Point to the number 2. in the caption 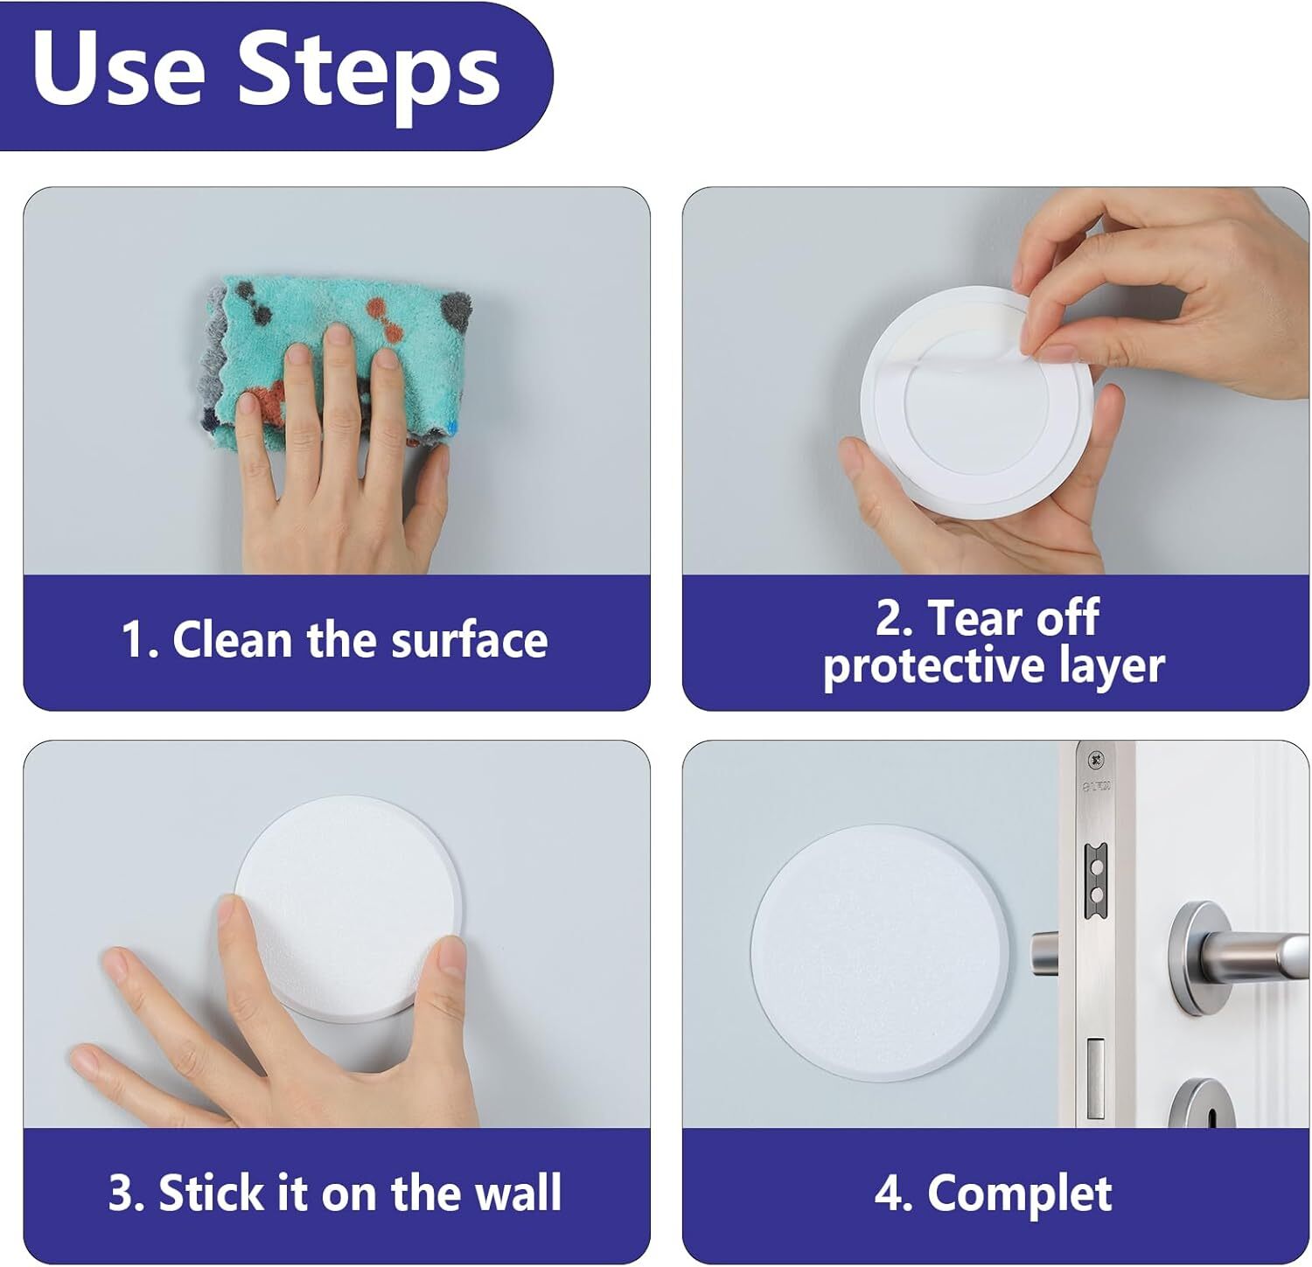click(895, 618)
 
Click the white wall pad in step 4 click(879, 950)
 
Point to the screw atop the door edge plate click(1093, 757)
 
